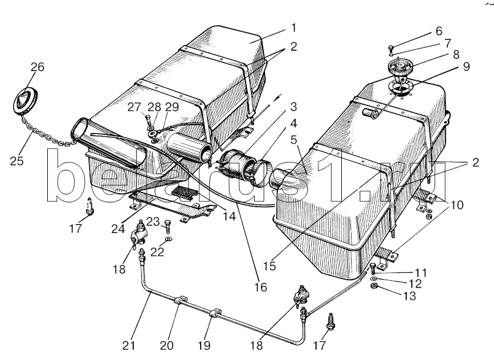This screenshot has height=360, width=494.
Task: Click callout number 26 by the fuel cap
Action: (37, 67)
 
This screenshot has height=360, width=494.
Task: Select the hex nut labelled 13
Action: (372, 286)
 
